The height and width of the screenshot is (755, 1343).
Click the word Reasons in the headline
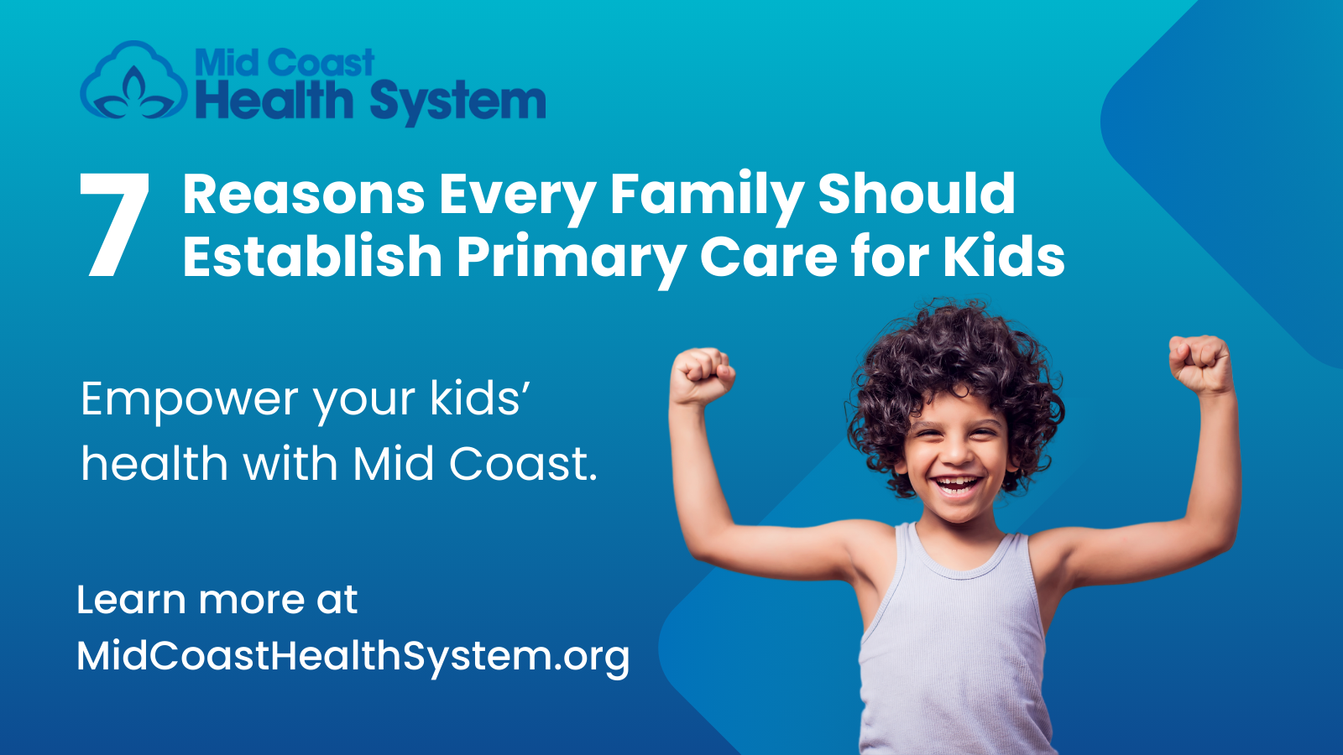pyautogui.click(x=304, y=195)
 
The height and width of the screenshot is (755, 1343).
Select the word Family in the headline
pyautogui.click(x=706, y=195)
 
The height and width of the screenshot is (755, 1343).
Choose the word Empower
pyautogui.click(x=189, y=399)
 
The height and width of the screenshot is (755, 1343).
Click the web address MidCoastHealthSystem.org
pyautogui.click(x=353, y=656)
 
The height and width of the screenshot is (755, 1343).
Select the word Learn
pyautogui.click(x=131, y=600)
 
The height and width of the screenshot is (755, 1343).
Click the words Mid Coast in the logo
pyautogui.click(x=284, y=63)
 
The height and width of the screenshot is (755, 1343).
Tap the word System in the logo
pyautogui.click(x=457, y=102)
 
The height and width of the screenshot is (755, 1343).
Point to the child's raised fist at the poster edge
pyautogui.click(x=1200, y=362)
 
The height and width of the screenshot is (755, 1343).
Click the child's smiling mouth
pyautogui.click(x=957, y=485)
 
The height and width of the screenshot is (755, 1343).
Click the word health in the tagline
pyautogui.click(x=154, y=464)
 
